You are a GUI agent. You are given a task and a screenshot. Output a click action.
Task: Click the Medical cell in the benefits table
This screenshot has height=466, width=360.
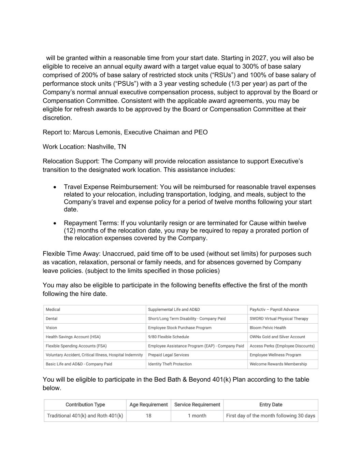tap(53, 310)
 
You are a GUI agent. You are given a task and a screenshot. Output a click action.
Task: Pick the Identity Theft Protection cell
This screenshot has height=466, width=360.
tap(170, 364)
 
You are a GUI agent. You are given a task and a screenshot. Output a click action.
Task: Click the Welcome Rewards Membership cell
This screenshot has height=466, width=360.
tap(278, 364)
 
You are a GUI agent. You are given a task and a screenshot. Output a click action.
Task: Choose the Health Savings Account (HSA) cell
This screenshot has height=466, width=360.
tap(73, 337)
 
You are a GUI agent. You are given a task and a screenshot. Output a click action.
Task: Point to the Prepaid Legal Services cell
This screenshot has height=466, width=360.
tap(168, 355)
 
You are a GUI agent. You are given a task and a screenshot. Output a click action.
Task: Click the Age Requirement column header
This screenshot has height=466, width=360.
tap(148, 405)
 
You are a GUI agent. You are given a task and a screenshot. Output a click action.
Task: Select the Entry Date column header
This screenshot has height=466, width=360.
tap(271, 405)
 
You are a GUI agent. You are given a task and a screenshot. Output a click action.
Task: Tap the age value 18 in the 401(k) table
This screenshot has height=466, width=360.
tap(148, 416)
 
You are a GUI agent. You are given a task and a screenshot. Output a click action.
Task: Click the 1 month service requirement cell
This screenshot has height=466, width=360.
tap(197, 416)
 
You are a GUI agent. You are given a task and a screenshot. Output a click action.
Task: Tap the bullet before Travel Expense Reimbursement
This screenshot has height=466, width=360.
tap(55, 187)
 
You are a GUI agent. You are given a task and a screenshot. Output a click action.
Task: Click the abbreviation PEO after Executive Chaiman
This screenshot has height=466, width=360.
tap(201, 132)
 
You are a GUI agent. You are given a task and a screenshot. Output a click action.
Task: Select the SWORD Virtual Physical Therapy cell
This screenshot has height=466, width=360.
tap(279, 319)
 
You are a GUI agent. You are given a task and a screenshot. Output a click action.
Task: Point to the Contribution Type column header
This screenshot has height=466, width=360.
tap(85, 405)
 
